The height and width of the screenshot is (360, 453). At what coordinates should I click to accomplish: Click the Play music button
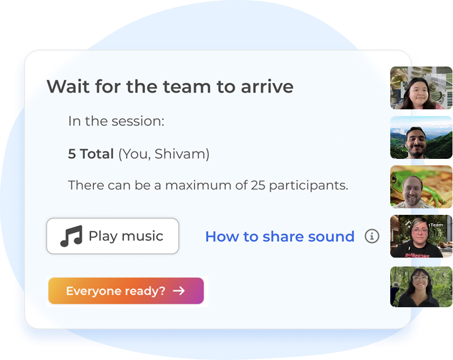click(x=112, y=236)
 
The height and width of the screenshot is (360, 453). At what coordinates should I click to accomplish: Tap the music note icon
click(x=71, y=236)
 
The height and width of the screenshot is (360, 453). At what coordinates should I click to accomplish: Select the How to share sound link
click(x=279, y=236)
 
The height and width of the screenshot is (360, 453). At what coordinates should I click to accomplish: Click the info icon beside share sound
click(x=372, y=236)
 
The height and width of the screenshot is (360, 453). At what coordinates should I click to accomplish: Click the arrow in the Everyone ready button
click(x=179, y=291)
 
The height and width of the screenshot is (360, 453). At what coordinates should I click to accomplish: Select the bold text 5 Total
click(x=91, y=154)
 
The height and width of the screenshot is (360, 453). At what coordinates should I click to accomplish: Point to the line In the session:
click(x=116, y=121)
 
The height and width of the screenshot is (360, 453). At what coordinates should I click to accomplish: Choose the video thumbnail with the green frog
click(x=421, y=187)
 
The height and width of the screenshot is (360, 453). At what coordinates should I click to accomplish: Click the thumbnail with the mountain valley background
click(x=421, y=137)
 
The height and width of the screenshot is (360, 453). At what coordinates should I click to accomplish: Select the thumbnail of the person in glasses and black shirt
click(x=421, y=236)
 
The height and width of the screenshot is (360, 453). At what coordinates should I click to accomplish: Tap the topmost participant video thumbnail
click(x=421, y=88)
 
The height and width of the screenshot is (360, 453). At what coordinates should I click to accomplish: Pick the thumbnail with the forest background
click(x=421, y=286)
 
